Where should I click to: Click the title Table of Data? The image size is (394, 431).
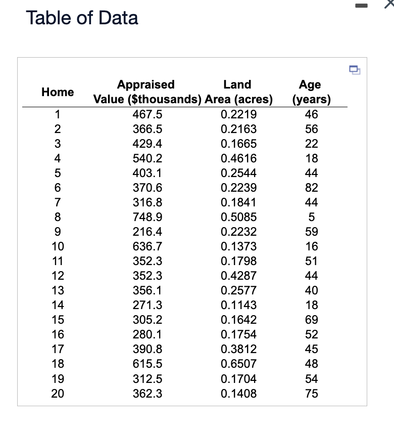pos(82,18)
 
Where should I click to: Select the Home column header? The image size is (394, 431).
pos(58,92)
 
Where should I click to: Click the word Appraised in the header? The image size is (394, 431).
pos(145,84)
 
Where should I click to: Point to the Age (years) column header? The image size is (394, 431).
pos(311,92)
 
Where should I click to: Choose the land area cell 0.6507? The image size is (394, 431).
pos(239,364)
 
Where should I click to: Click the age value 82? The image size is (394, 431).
pos(312,188)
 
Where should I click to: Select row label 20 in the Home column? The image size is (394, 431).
pos(58,393)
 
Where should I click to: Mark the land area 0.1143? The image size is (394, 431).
pos(239,305)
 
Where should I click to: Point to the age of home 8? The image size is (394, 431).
pos(312,217)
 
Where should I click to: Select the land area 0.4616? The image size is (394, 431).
pos(239,158)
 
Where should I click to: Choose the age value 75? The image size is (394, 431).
pos(312,393)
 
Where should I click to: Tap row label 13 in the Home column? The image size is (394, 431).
pos(58,290)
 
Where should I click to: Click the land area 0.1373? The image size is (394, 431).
pos(239,246)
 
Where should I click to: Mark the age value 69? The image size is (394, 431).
pos(312,320)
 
